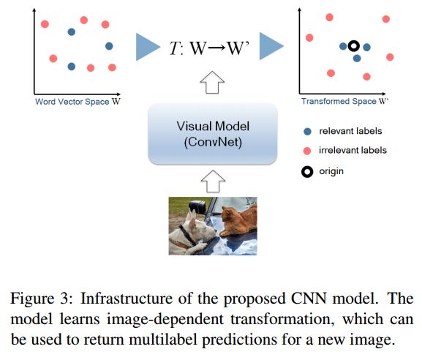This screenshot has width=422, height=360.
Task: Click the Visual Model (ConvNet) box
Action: click(x=213, y=134)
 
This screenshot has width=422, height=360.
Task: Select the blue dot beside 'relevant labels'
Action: click(x=307, y=132)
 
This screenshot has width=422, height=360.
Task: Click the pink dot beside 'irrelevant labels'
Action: click(x=307, y=151)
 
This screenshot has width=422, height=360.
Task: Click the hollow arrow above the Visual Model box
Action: click(x=212, y=83)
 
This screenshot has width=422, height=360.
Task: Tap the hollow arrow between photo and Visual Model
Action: click(x=213, y=181)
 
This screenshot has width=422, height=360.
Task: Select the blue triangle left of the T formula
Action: click(x=148, y=47)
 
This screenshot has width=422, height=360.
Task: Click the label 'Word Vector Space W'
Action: click(x=78, y=102)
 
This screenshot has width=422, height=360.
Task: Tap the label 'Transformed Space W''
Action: click(x=344, y=101)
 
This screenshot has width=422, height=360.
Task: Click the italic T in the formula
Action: click(x=175, y=48)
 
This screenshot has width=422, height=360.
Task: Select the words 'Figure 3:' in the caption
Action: click(x=42, y=299)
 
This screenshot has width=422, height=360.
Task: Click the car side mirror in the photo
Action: click(x=197, y=207)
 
